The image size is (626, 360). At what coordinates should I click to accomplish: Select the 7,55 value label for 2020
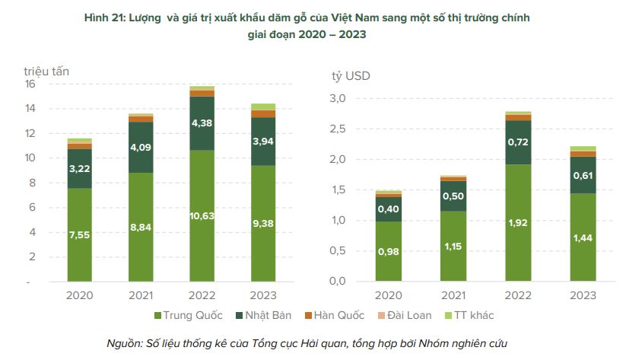(x=79, y=235)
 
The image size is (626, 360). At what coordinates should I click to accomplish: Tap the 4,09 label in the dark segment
(x=141, y=148)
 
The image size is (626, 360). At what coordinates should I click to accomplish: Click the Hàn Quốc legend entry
(x=338, y=315)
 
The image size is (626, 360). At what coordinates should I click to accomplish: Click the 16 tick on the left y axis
(x=30, y=84)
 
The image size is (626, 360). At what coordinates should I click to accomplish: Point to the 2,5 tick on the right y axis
(x=337, y=129)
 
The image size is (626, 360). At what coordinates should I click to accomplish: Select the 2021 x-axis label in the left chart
(x=141, y=295)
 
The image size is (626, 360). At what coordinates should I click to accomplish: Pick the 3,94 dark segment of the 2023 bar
(x=263, y=141)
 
